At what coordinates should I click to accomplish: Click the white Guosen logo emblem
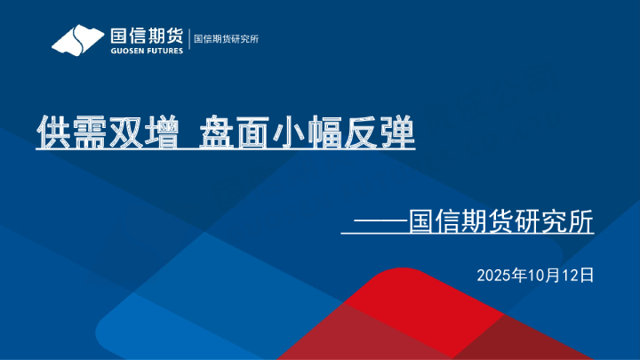click(78, 40)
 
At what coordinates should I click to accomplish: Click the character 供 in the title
click(53, 132)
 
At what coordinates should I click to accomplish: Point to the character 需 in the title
click(88, 132)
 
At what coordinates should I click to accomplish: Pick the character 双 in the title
click(124, 132)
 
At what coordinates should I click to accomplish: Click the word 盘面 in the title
click(236, 132)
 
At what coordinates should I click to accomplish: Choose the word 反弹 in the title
click(380, 132)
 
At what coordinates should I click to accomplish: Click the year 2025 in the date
click(494, 276)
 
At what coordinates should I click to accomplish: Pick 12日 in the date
click(576, 276)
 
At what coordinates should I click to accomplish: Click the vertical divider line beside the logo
click(188, 40)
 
